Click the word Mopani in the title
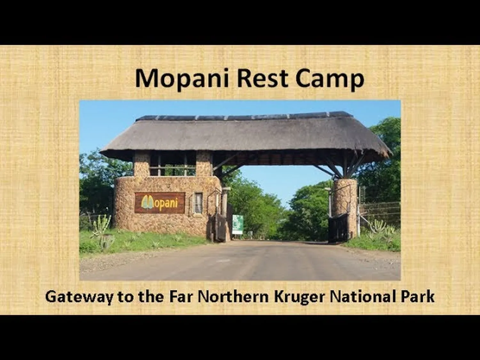(x=182, y=79)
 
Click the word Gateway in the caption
(x=79, y=298)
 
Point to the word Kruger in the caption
(x=299, y=298)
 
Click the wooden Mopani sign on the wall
(x=160, y=203)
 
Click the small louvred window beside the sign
(x=198, y=203)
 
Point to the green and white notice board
(x=237, y=225)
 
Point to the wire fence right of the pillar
(x=380, y=213)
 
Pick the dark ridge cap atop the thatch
(x=244, y=116)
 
